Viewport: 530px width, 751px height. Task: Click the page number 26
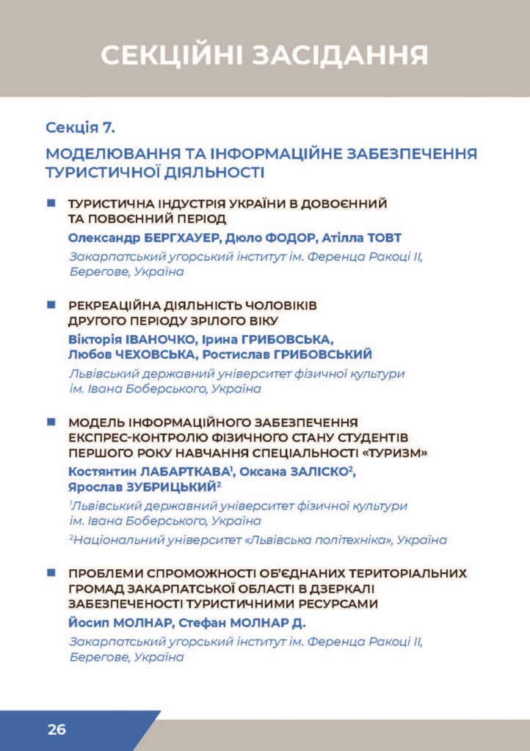pos(57,730)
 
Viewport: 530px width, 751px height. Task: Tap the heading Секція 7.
pos(80,128)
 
